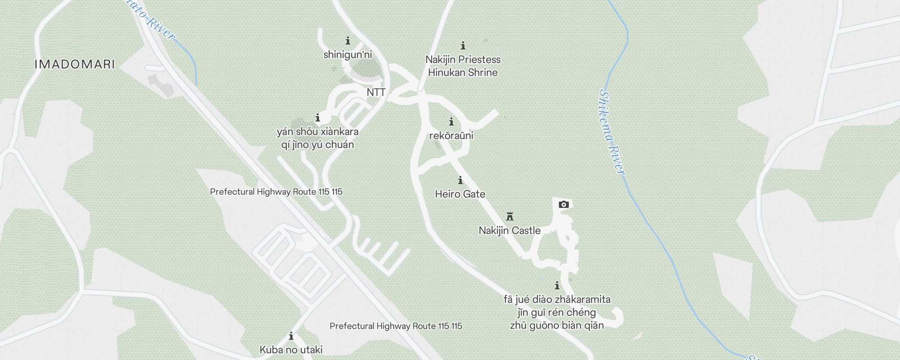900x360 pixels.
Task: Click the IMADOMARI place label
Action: point(75,64)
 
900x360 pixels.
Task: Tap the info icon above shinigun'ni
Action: point(348,41)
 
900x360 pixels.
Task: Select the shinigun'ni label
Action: point(348,55)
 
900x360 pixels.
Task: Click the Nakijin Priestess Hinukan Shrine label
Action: point(463,66)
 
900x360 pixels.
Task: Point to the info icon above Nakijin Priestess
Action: point(463,45)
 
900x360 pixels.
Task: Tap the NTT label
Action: point(376,92)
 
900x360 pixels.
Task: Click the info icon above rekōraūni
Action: point(451,122)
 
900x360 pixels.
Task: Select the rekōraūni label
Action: point(451,135)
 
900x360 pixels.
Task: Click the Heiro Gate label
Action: point(460,194)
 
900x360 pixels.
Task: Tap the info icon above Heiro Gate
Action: point(460,180)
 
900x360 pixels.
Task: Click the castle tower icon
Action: point(510,216)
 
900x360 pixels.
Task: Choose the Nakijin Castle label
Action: point(510,230)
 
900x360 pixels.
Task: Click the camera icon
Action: point(563,205)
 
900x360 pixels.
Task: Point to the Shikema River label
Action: point(612,133)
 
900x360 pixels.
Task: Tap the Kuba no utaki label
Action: point(291,350)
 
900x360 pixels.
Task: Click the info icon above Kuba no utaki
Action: point(291,336)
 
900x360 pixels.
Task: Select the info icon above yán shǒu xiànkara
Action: point(318,118)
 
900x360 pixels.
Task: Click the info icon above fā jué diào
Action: point(557,286)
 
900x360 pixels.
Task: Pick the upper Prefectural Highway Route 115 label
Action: point(276,192)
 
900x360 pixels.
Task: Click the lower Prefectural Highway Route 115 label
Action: point(396,326)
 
